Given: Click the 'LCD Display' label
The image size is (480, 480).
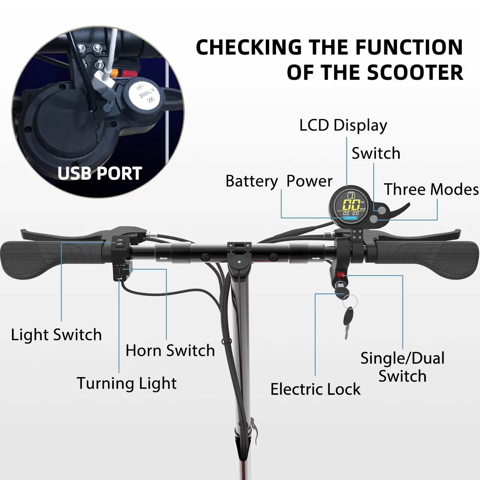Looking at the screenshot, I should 343,125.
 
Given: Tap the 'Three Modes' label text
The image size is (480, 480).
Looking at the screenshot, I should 431,190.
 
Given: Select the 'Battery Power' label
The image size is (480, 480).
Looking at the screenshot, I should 279,181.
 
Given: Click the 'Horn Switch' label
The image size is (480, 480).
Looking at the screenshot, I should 170,350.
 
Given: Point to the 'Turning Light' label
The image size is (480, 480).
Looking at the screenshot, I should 127,383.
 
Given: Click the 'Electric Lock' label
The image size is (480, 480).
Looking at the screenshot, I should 315,389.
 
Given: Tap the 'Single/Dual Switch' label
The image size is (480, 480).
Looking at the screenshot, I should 403,367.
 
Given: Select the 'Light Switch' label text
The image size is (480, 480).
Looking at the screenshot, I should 56,335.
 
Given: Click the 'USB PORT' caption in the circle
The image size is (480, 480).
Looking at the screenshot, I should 100,173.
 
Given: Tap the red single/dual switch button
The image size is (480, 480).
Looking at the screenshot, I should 340,274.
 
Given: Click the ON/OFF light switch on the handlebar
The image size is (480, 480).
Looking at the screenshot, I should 120,242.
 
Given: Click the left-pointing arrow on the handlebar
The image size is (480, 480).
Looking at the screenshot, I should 163,258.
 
